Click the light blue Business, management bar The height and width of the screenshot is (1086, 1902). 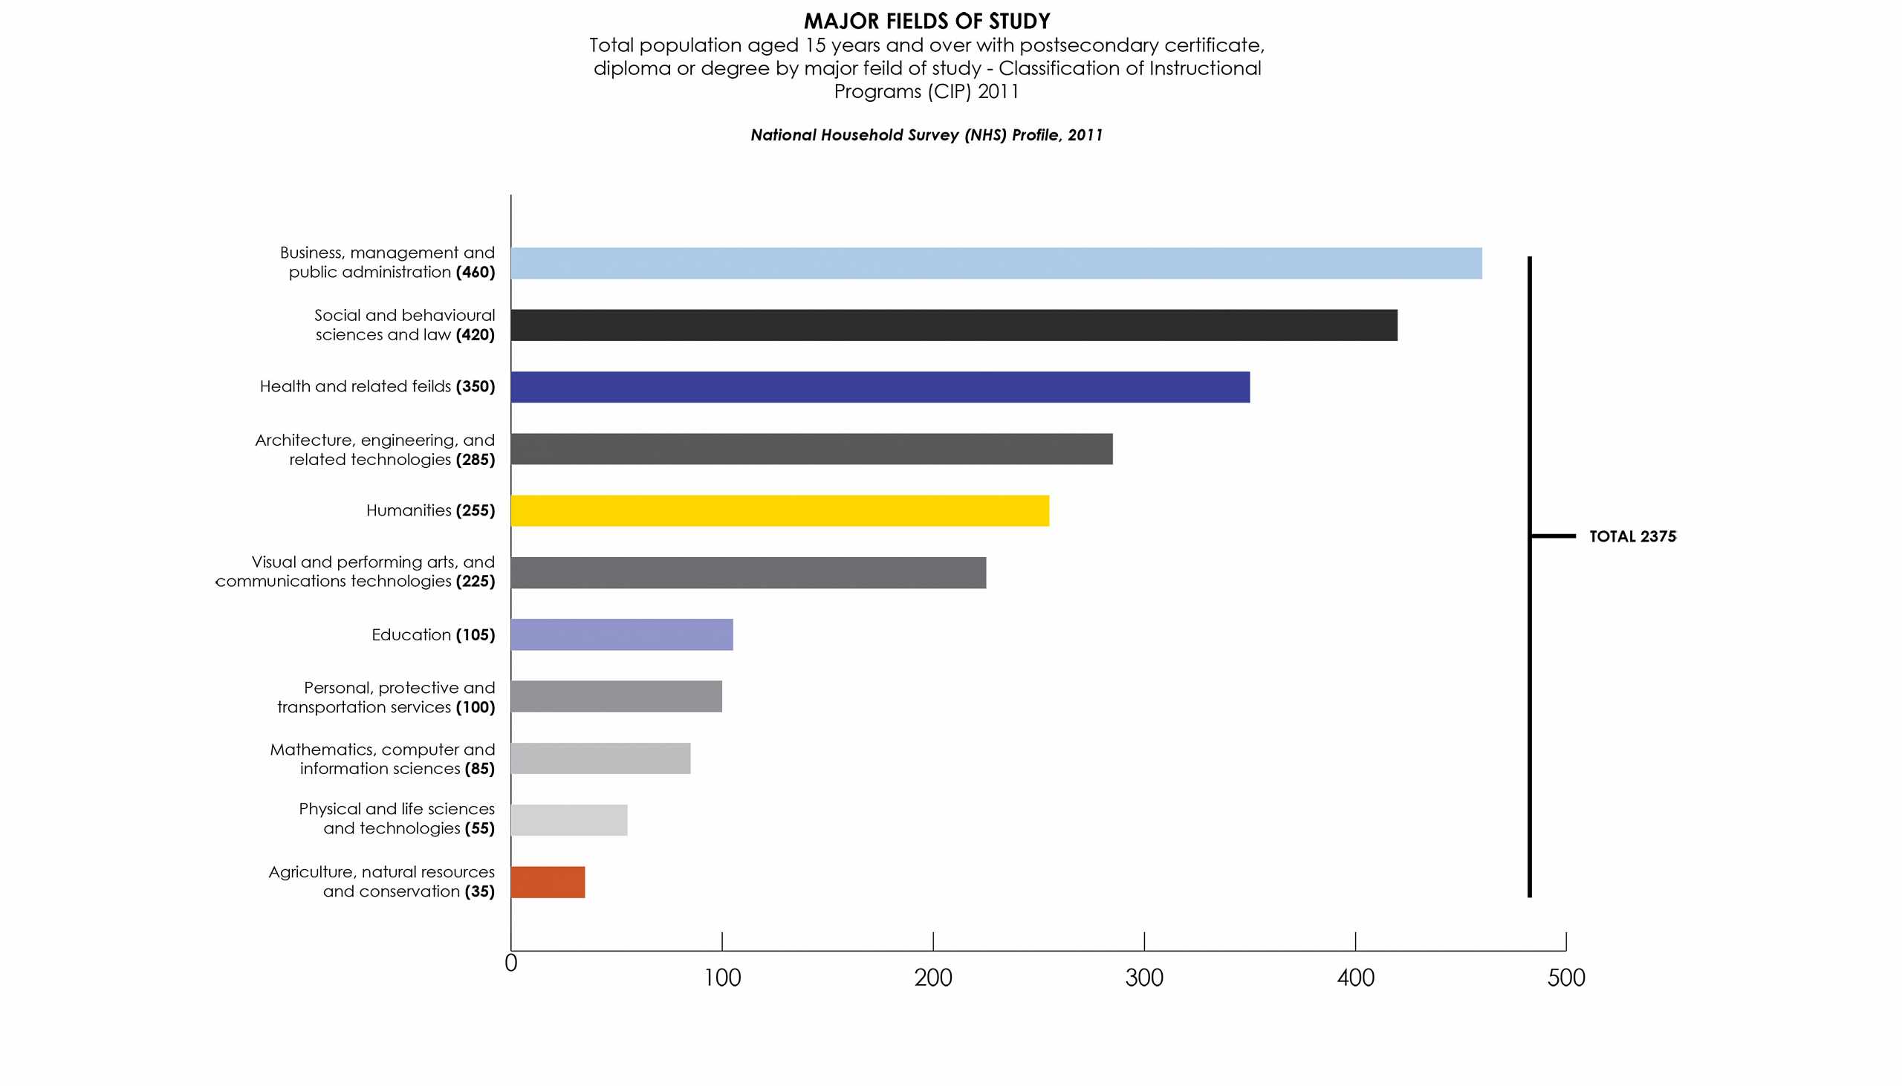click(996, 263)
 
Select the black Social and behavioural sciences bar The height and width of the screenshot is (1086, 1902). click(953, 325)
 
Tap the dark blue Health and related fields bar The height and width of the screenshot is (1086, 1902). click(880, 387)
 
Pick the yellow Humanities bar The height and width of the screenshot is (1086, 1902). click(779, 511)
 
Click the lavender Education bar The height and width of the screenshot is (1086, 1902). click(621, 635)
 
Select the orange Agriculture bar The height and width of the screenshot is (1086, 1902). click(548, 882)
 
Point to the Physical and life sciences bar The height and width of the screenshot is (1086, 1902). click(568, 821)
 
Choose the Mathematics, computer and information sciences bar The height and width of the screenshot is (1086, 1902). click(600, 758)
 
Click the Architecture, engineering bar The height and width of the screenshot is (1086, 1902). click(811, 449)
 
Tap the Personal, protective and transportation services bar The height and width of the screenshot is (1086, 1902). click(616, 697)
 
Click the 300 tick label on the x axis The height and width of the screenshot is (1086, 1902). click(1143, 978)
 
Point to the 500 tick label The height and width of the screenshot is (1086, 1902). click(1565, 978)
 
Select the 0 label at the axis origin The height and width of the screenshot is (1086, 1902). click(511, 963)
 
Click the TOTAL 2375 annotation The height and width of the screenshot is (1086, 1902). click(1632, 536)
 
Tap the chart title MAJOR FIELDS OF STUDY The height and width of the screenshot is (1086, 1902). click(926, 21)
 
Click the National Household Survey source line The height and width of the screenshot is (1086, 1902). click(926, 135)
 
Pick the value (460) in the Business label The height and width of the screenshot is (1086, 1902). click(475, 273)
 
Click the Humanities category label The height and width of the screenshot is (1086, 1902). click(409, 511)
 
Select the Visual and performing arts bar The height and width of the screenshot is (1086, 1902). click(748, 573)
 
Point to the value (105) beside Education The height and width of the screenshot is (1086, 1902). click(475, 635)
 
